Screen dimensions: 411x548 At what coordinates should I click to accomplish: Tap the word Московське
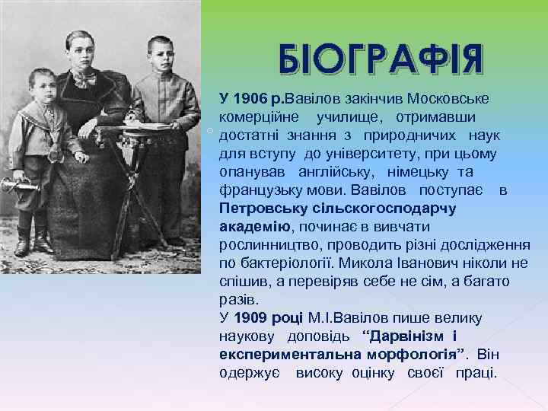coord(448,100)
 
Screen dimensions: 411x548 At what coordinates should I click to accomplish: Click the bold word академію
coord(254,227)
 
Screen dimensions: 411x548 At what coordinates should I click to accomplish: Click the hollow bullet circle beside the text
coord(209,132)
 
